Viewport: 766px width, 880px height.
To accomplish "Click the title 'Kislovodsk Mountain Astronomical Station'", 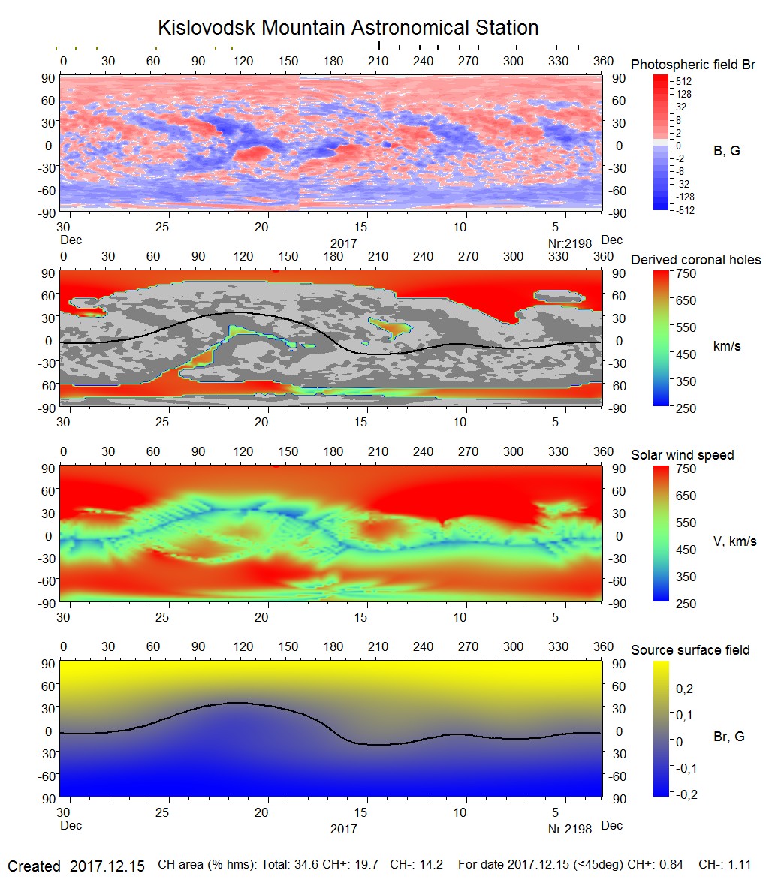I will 348,28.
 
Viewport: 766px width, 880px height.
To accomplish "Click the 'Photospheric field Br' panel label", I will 692,65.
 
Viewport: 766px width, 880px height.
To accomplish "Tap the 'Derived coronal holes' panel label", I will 695,260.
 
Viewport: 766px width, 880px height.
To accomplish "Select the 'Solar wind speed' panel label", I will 682,455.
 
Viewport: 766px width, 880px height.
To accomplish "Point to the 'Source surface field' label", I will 690,650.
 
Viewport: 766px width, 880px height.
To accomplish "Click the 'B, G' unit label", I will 726,151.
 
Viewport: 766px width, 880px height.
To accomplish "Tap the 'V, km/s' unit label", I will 734,541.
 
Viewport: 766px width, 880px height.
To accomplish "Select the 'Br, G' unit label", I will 728,737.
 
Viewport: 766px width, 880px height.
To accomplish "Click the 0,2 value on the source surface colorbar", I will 684,689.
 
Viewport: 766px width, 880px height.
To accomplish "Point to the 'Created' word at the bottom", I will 34,866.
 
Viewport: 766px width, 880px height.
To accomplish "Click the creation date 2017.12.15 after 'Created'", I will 107,866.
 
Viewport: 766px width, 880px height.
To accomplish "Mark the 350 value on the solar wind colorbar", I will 687,577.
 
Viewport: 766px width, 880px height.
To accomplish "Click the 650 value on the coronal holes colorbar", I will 687,300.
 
